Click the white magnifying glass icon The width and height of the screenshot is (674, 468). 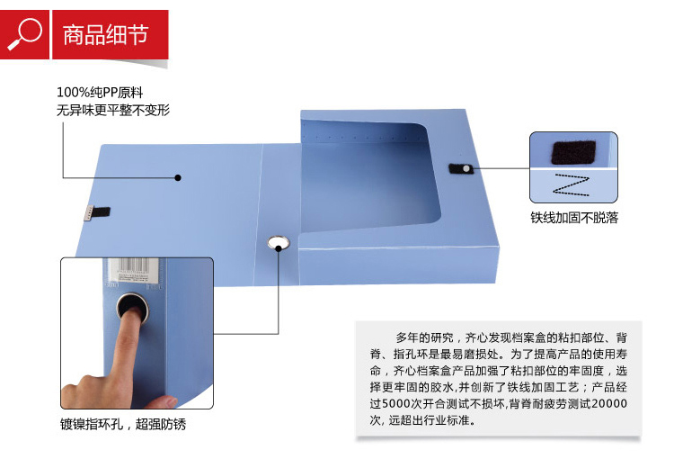(x=25, y=33)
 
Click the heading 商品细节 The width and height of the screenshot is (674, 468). (x=106, y=35)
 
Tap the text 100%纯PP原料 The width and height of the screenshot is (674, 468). (x=100, y=92)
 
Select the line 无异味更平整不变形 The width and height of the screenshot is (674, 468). (x=113, y=110)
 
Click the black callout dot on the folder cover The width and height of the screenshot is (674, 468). (x=178, y=177)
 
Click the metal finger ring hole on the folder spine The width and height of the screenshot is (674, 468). (x=278, y=243)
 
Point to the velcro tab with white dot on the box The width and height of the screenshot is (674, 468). (x=461, y=168)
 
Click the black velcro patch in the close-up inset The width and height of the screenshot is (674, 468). (x=573, y=152)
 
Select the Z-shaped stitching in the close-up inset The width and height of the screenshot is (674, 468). (x=572, y=185)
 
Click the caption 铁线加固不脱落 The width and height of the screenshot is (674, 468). (x=574, y=218)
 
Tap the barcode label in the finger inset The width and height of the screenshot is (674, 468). (x=134, y=270)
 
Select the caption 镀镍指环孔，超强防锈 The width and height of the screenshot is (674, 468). (x=123, y=424)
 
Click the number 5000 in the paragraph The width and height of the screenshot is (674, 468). (x=396, y=403)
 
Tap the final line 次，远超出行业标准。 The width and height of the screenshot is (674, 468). (x=423, y=419)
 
